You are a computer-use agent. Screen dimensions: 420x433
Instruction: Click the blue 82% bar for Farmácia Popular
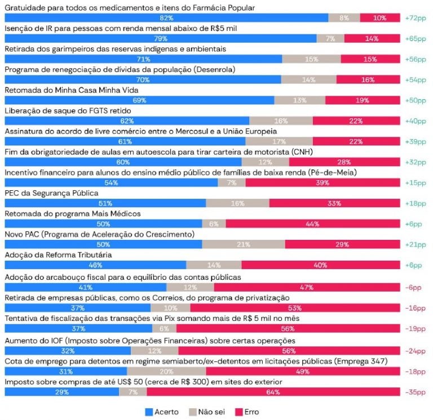166,18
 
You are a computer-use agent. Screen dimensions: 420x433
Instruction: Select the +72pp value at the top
416,18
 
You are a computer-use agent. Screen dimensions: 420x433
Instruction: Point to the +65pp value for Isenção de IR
416,39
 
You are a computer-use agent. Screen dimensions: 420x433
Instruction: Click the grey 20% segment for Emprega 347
166,371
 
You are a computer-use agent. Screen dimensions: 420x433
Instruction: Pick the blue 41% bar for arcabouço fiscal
85,287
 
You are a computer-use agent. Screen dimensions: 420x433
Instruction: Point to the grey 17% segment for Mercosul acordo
279,141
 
